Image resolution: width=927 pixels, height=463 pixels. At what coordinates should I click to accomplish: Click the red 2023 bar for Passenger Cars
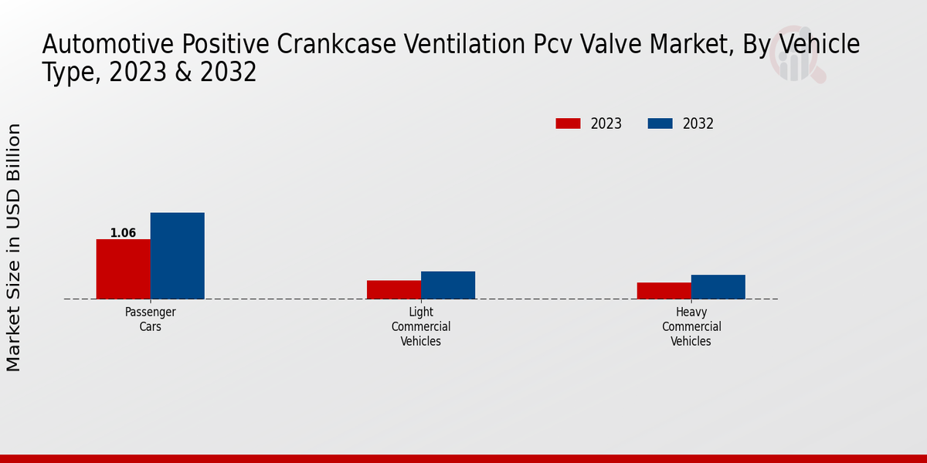click(x=123, y=269)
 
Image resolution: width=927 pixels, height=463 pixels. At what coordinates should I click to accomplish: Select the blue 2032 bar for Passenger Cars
click(x=177, y=255)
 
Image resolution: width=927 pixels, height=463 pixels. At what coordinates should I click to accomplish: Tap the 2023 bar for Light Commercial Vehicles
click(x=394, y=289)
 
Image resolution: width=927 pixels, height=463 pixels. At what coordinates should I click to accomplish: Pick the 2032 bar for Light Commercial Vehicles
click(x=448, y=285)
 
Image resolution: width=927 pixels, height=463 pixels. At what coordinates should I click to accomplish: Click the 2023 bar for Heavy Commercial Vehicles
click(x=664, y=290)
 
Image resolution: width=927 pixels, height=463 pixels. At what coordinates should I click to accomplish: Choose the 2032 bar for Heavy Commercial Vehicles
click(x=718, y=286)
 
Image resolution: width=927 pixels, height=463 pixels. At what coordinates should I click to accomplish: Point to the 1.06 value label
click(x=123, y=233)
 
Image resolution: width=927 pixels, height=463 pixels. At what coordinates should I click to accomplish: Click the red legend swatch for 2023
click(x=568, y=123)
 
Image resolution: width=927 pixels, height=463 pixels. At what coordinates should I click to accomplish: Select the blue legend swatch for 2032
click(x=660, y=123)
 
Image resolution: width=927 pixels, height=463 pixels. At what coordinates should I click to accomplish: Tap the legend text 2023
click(x=606, y=123)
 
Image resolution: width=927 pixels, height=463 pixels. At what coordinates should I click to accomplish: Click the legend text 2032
click(x=698, y=123)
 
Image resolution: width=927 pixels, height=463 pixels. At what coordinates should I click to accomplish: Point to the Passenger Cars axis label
click(x=151, y=319)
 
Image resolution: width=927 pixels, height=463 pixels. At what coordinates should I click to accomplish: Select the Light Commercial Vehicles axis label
click(x=421, y=326)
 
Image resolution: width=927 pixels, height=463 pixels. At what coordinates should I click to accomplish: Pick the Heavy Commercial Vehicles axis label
click(x=691, y=326)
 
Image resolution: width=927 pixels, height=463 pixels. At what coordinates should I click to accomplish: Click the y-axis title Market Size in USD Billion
click(x=14, y=247)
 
